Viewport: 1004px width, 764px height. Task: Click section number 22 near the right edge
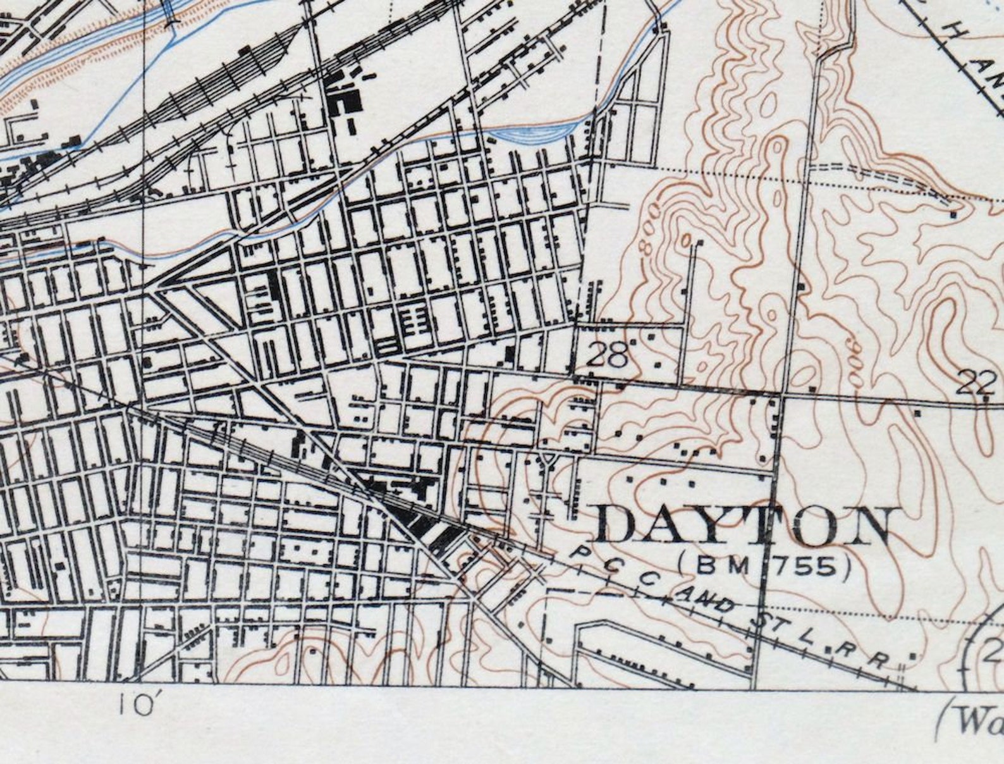pyautogui.click(x=974, y=383)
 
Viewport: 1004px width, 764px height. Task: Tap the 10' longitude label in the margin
pyautogui.click(x=135, y=704)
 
